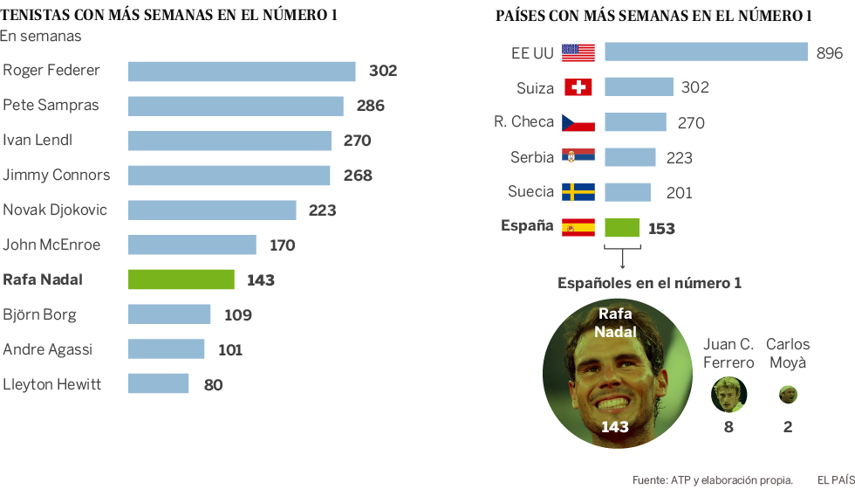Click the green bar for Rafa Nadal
[x=181, y=279]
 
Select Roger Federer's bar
[x=242, y=71]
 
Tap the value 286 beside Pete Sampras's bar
[x=371, y=106]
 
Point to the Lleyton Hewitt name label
[x=52, y=384]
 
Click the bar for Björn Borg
[x=169, y=314]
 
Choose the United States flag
[x=578, y=52]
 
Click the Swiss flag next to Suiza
[x=578, y=87]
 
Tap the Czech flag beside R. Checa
[x=578, y=122]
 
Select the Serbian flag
[x=578, y=157]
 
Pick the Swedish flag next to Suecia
[x=578, y=192]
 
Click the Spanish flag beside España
[x=578, y=227]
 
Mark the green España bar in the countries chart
[x=622, y=227]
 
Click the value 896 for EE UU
[x=830, y=53]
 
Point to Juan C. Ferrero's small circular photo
[x=728, y=394]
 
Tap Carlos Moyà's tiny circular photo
[x=788, y=394]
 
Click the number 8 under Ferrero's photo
[x=728, y=427]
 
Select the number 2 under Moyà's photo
[x=788, y=427]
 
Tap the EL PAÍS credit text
[x=835, y=479]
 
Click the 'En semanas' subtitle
[x=41, y=36]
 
